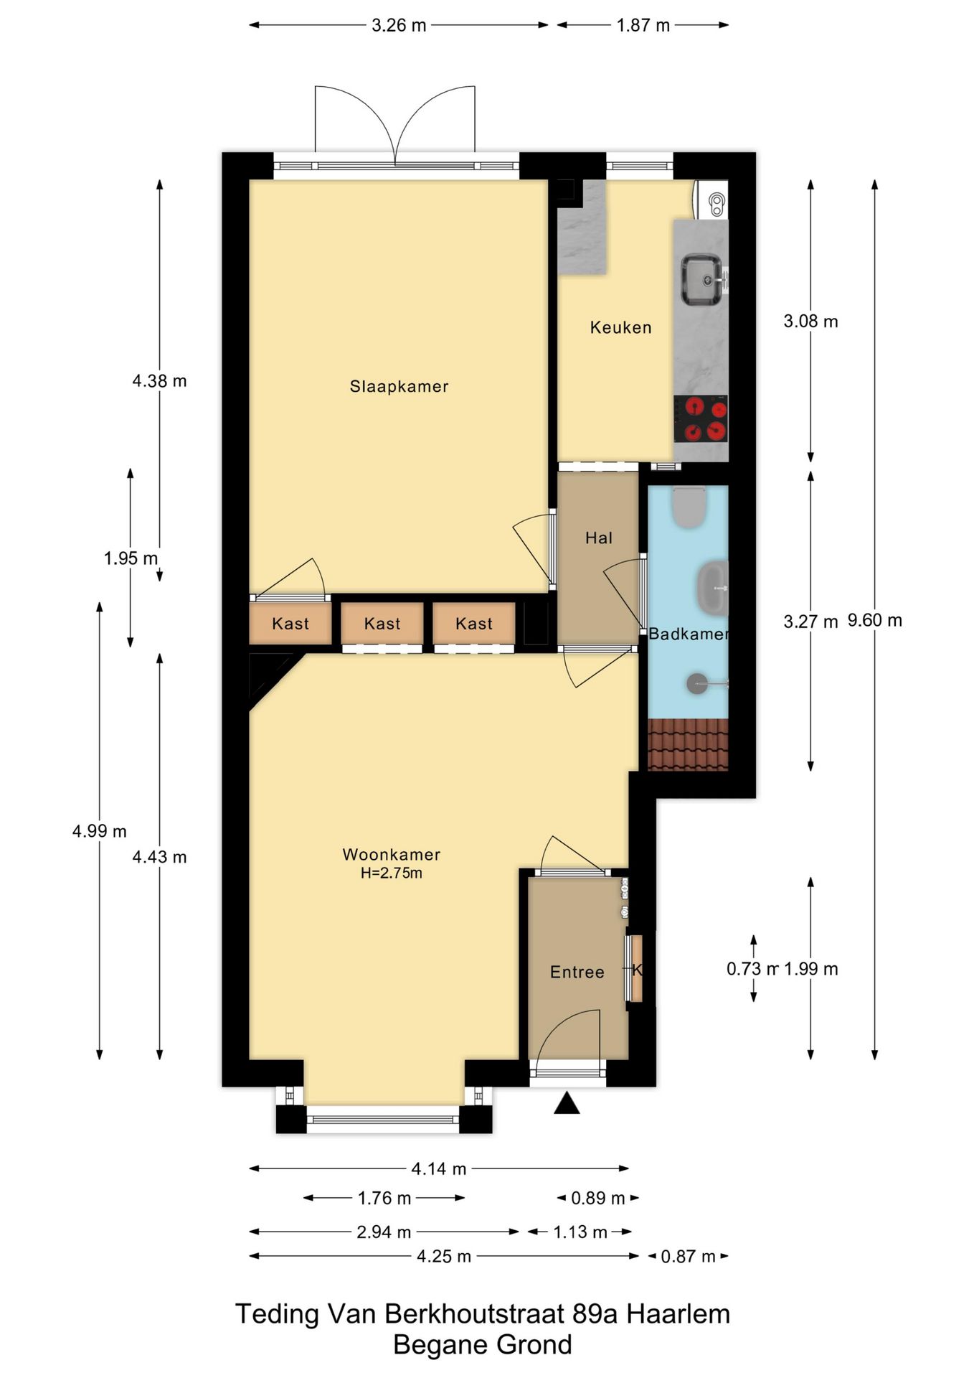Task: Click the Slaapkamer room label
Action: (x=399, y=386)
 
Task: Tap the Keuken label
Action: (x=620, y=327)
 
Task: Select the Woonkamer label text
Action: (x=391, y=854)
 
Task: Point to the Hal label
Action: (x=598, y=538)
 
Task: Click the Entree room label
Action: (x=577, y=972)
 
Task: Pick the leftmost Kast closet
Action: (x=290, y=623)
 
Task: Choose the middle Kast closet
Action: (x=382, y=623)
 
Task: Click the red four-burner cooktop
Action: (x=701, y=418)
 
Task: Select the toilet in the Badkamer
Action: (x=689, y=507)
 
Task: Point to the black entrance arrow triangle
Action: (x=567, y=1103)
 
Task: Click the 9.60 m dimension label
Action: (x=874, y=620)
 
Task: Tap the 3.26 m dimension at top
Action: (x=399, y=25)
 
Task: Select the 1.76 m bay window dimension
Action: (x=384, y=1198)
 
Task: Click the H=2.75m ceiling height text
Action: (x=391, y=873)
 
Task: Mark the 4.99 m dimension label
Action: (x=99, y=831)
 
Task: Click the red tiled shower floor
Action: (x=688, y=744)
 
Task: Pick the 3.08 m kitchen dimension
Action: (x=810, y=321)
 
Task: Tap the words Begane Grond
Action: (x=483, y=1344)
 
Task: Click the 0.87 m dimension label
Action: (x=688, y=1256)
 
